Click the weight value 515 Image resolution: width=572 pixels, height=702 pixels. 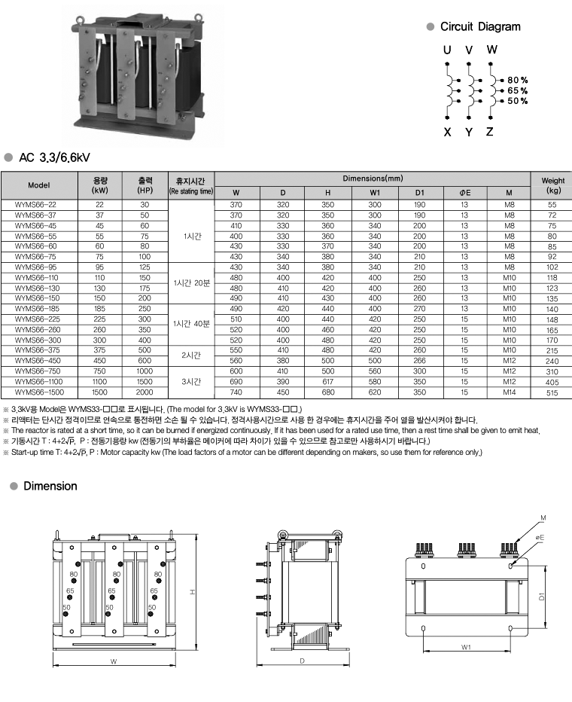(552, 392)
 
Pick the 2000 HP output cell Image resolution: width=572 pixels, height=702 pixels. (145, 392)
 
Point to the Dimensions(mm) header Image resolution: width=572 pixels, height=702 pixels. (373, 179)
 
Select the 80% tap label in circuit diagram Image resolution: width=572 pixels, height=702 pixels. (517, 80)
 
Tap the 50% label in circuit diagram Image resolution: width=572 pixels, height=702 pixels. (517, 101)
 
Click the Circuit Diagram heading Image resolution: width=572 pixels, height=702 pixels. (479, 27)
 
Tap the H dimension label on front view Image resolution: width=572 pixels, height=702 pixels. (192, 592)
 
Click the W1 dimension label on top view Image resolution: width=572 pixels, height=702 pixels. (466, 646)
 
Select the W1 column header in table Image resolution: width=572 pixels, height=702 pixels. (374, 192)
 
